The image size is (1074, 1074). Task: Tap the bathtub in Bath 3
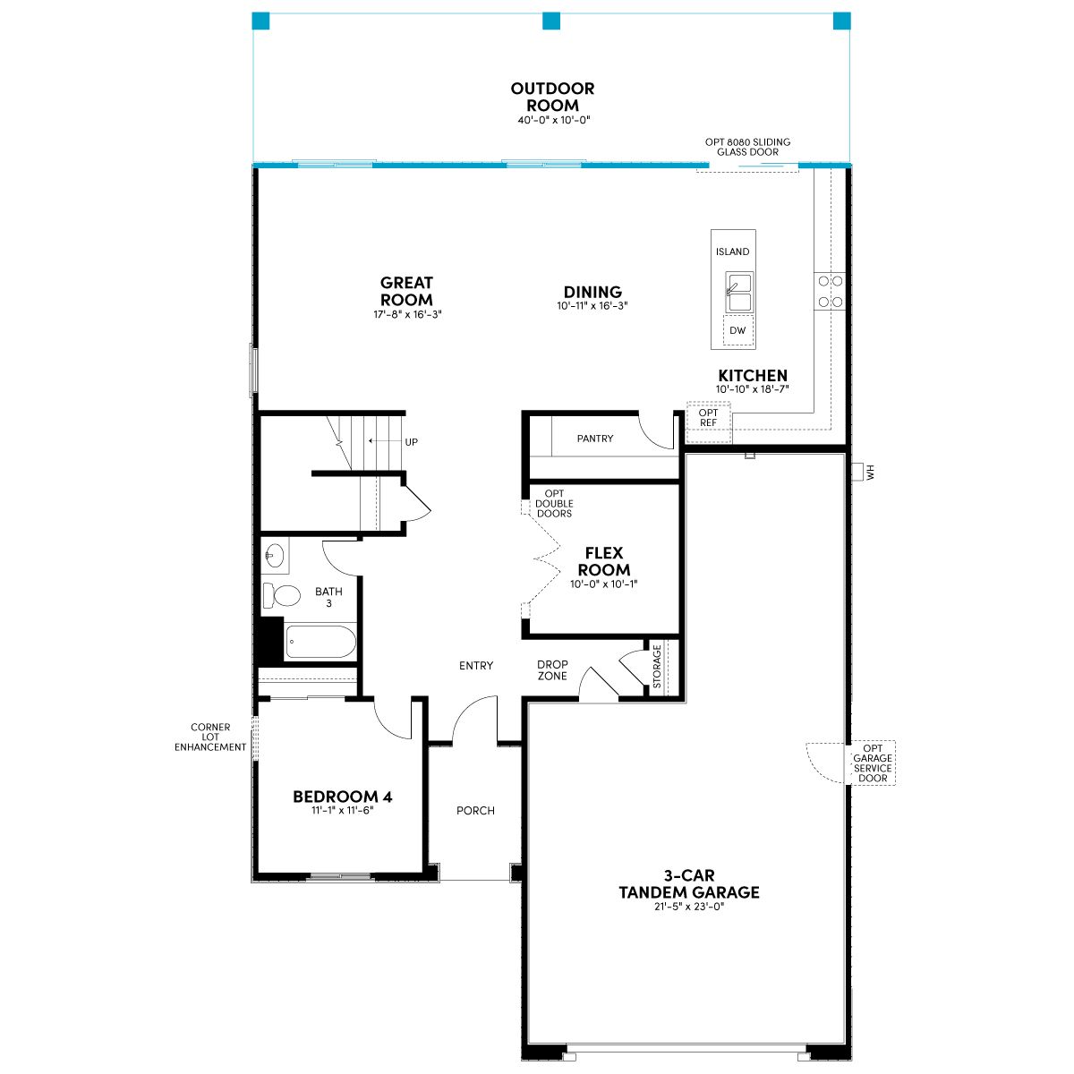click(x=320, y=641)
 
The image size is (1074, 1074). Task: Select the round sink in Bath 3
click(x=275, y=556)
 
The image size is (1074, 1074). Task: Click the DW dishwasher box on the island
click(x=737, y=330)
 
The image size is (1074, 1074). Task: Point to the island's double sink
click(x=739, y=292)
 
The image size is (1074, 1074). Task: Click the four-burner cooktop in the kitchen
click(x=830, y=291)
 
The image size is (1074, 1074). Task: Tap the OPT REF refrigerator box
click(x=708, y=422)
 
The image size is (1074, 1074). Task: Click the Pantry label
click(x=594, y=439)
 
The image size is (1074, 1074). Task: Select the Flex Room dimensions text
click(x=603, y=584)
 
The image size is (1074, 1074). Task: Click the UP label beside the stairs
click(x=412, y=442)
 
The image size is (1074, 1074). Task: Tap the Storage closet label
click(x=657, y=666)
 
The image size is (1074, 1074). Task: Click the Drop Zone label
click(x=552, y=670)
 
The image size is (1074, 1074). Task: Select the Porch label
click(x=475, y=810)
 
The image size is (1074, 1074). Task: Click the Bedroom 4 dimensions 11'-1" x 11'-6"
click(x=342, y=810)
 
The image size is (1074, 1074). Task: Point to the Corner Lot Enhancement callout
click(x=210, y=737)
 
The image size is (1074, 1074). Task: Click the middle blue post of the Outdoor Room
click(x=551, y=21)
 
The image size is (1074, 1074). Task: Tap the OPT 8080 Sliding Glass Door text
click(x=747, y=147)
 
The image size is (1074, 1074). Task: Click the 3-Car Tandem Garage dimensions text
click(x=689, y=907)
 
